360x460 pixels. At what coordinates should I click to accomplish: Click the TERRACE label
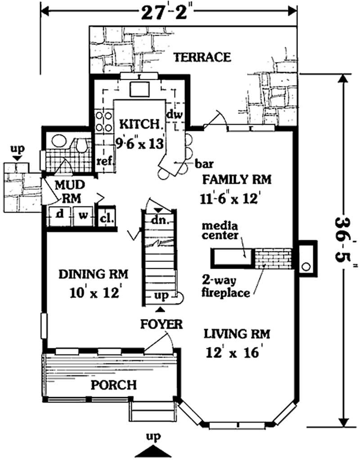202,57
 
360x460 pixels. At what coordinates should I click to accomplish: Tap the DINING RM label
94,274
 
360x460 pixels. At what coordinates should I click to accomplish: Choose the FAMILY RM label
236,180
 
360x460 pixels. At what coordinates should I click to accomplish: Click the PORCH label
114,385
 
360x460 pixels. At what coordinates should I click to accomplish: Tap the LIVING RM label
237,334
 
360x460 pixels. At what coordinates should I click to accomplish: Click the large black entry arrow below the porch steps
153,451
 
